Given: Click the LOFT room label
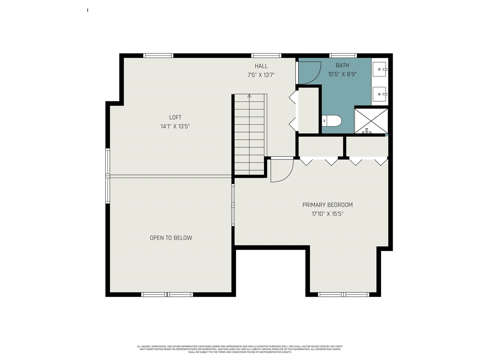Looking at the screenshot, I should tap(175, 117).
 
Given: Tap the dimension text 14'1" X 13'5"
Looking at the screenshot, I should tap(175, 126).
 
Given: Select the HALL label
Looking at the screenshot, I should tap(261, 66).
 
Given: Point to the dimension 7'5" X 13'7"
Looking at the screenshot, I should tap(261, 75).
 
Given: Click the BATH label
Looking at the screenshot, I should tap(342, 65).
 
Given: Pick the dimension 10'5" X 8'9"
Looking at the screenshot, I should tap(342, 74).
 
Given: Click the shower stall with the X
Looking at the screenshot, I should tap(371, 121).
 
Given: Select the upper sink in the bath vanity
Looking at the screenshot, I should tap(380, 69).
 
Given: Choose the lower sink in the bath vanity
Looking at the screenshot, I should tap(380, 94).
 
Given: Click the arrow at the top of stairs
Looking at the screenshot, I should tap(249, 96).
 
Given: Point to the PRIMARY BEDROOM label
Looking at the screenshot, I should tap(327, 205).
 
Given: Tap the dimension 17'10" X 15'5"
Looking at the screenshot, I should tap(327, 214).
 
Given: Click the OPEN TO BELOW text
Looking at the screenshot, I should tap(171, 238).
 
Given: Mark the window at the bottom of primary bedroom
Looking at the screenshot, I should tap(343, 294).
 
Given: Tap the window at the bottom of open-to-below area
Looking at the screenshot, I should tap(167, 294).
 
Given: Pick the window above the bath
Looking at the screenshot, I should tap(343, 55).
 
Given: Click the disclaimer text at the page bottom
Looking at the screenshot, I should tap(240, 349).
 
